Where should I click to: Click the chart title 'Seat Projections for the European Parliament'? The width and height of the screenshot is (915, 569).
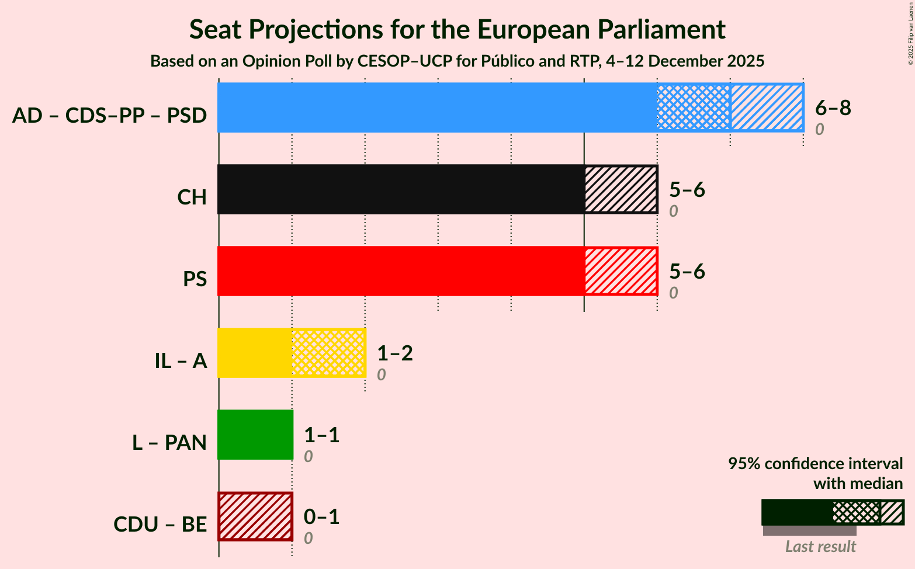pyautogui.click(x=457, y=29)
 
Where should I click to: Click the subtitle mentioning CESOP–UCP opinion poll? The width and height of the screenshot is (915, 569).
pyautogui.click(x=457, y=61)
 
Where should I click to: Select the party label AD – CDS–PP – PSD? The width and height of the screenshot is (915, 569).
pyautogui.click(x=109, y=116)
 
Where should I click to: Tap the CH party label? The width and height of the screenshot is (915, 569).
pyautogui.click(x=192, y=197)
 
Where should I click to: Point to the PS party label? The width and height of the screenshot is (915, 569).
pyautogui.click(x=195, y=279)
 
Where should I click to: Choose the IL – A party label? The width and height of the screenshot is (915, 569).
pyautogui.click(x=181, y=361)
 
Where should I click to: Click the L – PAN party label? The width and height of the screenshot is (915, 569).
pyautogui.click(x=169, y=443)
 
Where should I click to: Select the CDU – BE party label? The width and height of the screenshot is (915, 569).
pyautogui.click(x=160, y=525)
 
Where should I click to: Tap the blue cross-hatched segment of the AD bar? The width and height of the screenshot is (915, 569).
pyautogui.click(x=694, y=107)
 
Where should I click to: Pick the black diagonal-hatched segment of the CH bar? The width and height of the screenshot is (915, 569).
pyautogui.click(x=621, y=189)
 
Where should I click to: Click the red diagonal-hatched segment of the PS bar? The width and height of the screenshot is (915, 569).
pyautogui.click(x=621, y=271)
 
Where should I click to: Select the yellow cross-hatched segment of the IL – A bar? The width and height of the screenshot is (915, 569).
pyautogui.click(x=328, y=353)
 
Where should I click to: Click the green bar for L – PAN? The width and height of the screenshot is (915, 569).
pyautogui.click(x=255, y=435)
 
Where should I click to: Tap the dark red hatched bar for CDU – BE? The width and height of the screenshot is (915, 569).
pyautogui.click(x=255, y=516)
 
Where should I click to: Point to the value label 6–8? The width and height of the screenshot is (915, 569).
pyautogui.click(x=833, y=107)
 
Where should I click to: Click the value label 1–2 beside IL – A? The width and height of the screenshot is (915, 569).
pyautogui.click(x=395, y=353)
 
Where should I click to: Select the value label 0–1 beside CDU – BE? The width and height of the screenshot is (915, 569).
pyautogui.click(x=321, y=516)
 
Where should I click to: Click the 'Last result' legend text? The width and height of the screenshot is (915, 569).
pyautogui.click(x=820, y=547)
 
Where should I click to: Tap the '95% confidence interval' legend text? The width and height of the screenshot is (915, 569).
pyautogui.click(x=815, y=464)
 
